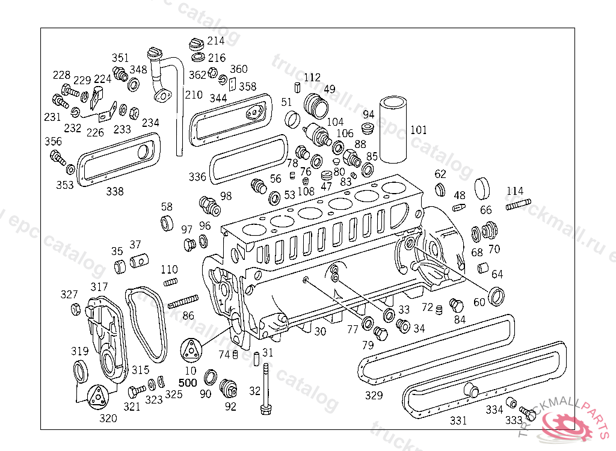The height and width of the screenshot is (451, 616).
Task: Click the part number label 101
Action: tap(419, 130)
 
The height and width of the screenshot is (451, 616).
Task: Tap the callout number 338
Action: tap(115, 192)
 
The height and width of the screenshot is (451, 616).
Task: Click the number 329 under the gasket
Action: tap(374, 395)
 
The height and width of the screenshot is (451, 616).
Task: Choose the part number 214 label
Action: tap(216, 41)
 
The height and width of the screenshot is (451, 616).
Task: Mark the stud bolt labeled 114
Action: tap(519, 206)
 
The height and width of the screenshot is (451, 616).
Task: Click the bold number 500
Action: tap(188, 382)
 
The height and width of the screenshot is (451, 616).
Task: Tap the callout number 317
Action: tap(99, 287)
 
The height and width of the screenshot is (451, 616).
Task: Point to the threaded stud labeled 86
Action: tap(183, 301)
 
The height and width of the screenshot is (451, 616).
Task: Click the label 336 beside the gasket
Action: tap(197, 177)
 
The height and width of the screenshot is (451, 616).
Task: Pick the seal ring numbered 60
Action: tap(497, 296)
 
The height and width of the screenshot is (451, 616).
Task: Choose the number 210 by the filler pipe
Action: tap(194, 95)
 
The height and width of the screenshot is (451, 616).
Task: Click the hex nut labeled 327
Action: tap(76, 309)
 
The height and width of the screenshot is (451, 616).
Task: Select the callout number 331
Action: tap(458, 420)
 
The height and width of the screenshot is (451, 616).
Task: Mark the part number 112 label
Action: tap(312, 78)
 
